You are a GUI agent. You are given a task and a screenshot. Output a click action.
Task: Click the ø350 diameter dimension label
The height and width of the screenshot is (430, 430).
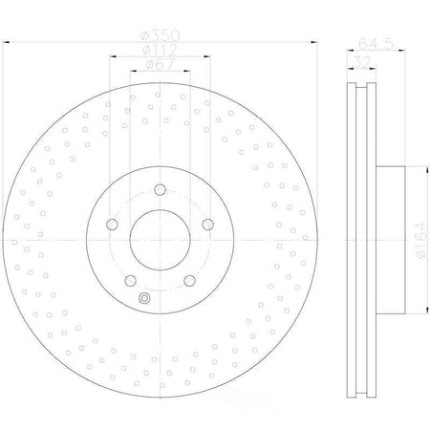[x=161, y=35]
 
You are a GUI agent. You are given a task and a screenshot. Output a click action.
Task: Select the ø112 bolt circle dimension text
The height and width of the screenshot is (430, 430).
[x=160, y=50]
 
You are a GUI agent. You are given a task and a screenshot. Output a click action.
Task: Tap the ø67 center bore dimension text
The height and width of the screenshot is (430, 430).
[x=161, y=65]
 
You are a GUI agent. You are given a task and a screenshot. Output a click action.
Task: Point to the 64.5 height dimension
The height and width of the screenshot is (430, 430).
[x=376, y=43]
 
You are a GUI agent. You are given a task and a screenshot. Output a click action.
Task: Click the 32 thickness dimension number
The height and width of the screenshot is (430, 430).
[x=362, y=61]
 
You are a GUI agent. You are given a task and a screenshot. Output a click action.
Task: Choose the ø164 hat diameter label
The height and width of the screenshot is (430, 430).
[x=420, y=240]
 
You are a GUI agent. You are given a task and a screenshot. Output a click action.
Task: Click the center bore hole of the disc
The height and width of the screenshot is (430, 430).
[x=160, y=240]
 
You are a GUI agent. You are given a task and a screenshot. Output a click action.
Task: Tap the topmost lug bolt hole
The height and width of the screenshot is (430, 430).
[x=160, y=189]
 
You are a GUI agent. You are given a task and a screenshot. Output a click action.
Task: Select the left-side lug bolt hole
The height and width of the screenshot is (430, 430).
[x=112, y=225]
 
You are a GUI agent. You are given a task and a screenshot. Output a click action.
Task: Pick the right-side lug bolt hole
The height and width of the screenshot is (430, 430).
[x=208, y=225]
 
